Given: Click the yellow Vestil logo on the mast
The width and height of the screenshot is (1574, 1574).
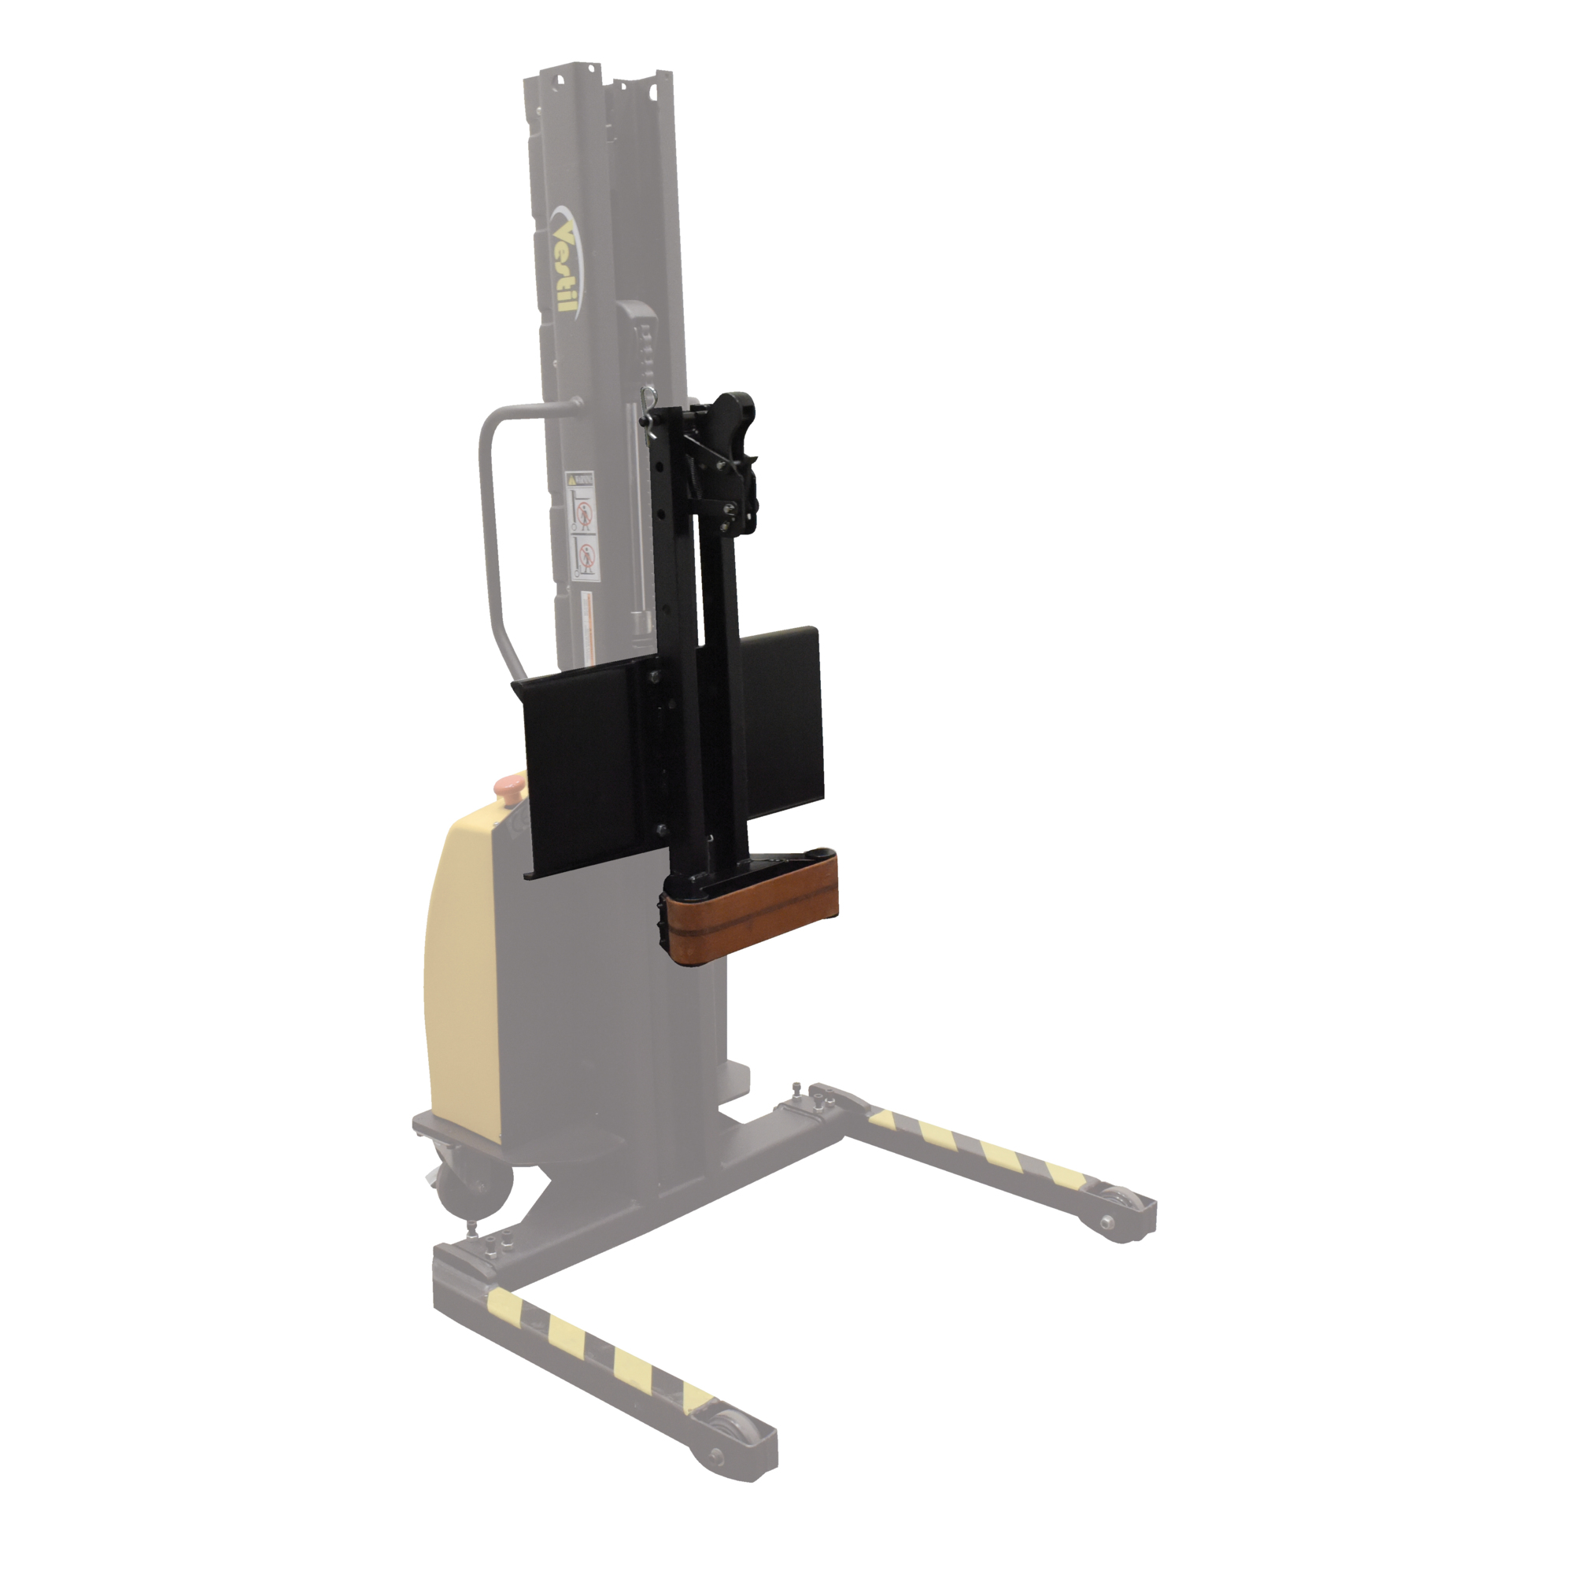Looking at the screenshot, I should pyautogui.click(x=564, y=264).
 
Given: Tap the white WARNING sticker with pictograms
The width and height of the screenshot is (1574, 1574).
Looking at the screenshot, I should pyautogui.click(x=582, y=527).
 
